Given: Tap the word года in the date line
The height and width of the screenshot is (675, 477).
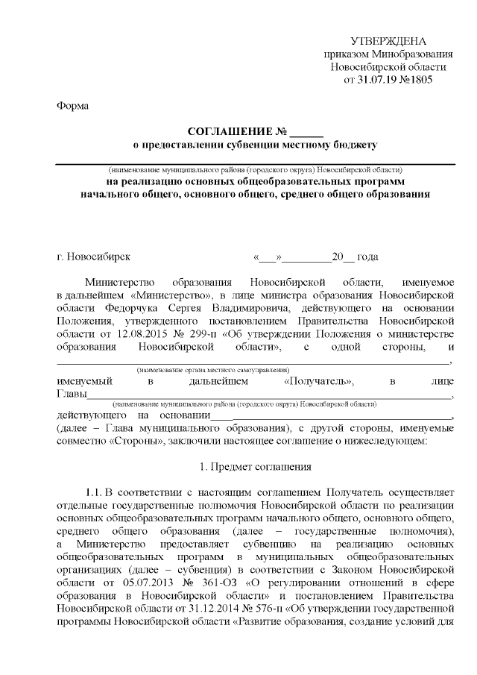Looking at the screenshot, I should [367, 257].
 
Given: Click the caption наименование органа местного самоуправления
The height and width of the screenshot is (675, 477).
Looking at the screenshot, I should [213, 370].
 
